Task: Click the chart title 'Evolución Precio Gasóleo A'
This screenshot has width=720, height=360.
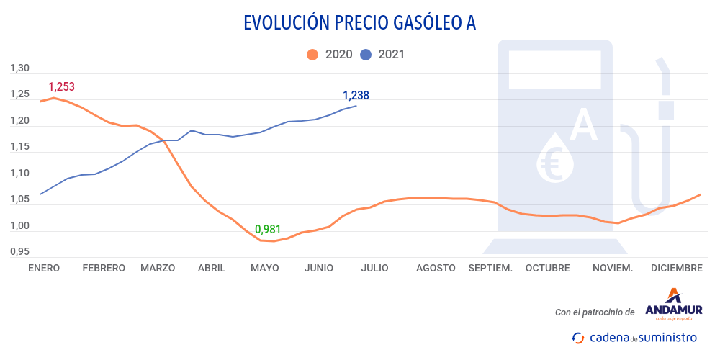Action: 360,23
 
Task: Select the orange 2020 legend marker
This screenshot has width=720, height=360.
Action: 312,55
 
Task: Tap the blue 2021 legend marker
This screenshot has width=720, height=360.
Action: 365,55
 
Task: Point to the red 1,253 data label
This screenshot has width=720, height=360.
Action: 61,87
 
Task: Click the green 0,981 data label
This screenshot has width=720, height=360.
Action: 267,230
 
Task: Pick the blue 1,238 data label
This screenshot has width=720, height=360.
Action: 356,95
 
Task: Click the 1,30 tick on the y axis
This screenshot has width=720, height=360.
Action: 19,69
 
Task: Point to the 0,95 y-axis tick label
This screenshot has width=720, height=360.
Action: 19,252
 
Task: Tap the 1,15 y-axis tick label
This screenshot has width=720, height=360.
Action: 19,148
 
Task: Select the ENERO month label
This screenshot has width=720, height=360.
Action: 43,268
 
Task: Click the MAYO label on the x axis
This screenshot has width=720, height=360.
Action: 264,268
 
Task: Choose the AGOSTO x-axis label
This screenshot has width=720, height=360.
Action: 436,268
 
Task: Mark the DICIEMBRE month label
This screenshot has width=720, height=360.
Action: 676,268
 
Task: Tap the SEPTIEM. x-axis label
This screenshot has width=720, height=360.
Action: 490,268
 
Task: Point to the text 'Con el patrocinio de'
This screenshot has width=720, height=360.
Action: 595,312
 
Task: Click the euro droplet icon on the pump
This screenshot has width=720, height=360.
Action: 556,158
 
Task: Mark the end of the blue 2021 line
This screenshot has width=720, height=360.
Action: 356,106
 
